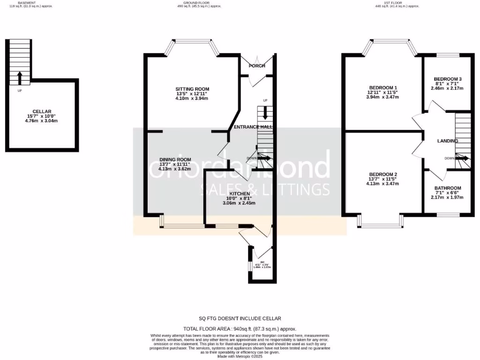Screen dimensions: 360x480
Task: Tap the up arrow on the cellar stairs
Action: (x=19, y=77)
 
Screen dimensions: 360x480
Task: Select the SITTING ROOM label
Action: (x=192, y=89)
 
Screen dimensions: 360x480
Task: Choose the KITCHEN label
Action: (x=240, y=193)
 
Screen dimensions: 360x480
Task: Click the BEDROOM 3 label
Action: (x=447, y=79)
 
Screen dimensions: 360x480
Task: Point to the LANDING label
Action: (x=447, y=141)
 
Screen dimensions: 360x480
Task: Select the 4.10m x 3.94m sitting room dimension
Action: (x=192, y=98)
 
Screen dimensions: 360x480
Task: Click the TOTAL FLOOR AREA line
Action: (x=240, y=329)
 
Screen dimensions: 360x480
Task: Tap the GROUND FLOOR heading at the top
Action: (x=240, y=2)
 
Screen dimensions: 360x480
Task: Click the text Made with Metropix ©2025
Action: (x=240, y=357)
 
